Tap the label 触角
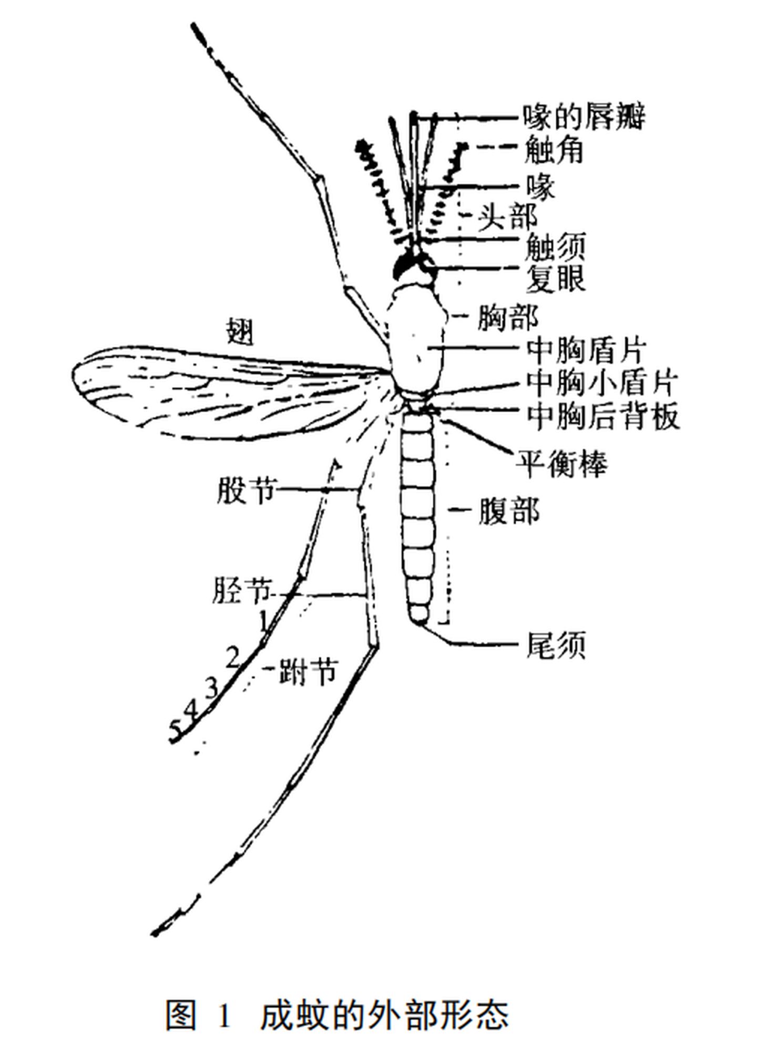[554, 150]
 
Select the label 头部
[507, 215]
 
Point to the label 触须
[555, 247]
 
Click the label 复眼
[555, 278]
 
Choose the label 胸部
[507, 317]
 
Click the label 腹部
[508, 509]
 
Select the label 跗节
[308, 671]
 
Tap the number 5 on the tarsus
[176, 729]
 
